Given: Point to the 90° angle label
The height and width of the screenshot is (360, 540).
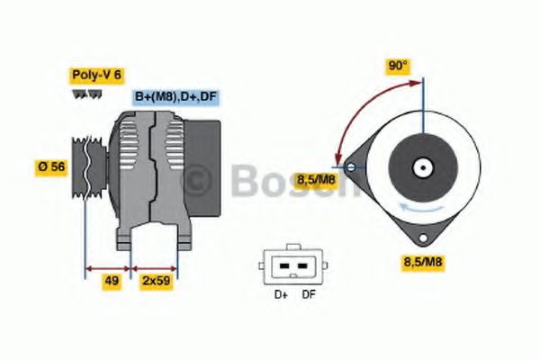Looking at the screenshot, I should coord(398,66).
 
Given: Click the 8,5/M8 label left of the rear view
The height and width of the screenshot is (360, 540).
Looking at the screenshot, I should coord(315,179).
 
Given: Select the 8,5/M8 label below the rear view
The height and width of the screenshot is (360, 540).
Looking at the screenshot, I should coord(423,262).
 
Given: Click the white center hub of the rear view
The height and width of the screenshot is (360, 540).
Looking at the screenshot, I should coord(422,167).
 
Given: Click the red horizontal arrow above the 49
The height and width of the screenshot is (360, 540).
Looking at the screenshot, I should coord(108,267).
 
